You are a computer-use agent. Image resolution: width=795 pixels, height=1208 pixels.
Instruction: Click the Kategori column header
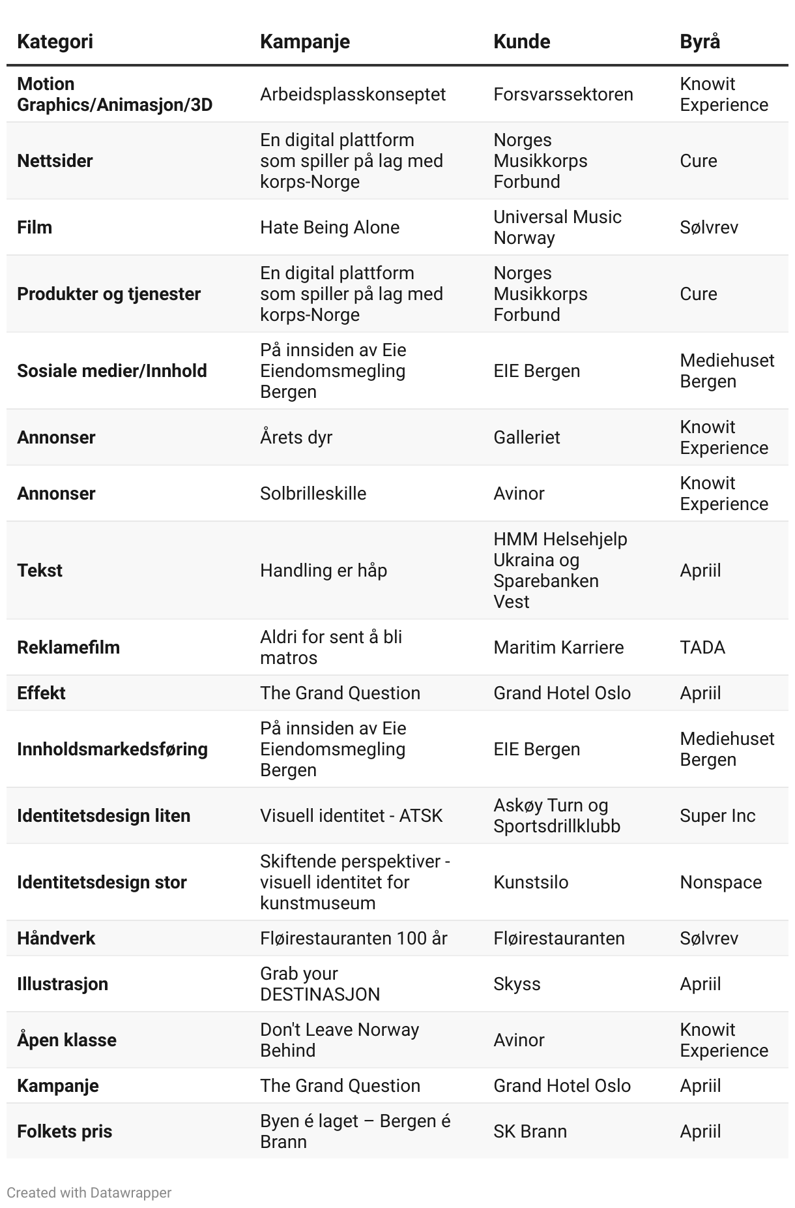click(55, 42)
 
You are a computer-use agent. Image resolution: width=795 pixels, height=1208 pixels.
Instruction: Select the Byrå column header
click(700, 42)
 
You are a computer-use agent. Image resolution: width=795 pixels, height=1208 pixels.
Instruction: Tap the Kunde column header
click(521, 42)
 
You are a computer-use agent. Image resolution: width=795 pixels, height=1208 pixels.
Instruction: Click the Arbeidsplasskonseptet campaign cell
click(353, 95)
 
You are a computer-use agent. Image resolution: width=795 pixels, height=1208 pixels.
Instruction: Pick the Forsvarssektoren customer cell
click(563, 95)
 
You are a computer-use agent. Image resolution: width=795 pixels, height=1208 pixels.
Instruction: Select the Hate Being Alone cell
click(330, 228)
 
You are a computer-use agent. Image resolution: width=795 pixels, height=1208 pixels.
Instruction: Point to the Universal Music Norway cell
click(557, 228)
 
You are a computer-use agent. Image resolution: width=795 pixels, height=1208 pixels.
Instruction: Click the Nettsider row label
click(55, 161)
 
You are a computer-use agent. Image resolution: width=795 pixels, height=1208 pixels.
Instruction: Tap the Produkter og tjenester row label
click(109, 294)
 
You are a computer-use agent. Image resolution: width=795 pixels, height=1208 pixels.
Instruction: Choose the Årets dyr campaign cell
click(296, 438)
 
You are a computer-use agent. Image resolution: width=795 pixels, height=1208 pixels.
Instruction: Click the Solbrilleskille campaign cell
click(313, 494)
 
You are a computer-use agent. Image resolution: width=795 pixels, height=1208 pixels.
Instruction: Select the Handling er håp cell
click(323, 571)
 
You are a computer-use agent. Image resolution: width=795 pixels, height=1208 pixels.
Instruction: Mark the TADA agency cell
click(702, 648)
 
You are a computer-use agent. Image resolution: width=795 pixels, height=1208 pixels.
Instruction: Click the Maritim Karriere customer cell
click(558, 648)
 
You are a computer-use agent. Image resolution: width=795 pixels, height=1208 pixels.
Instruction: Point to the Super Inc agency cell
click(717, 816)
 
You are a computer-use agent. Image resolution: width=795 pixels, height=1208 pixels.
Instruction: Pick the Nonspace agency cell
click(721, 883)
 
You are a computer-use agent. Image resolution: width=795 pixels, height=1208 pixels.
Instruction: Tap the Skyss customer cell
click(517, 984)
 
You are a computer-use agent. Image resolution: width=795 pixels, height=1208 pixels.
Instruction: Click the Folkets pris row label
click(65, 1132)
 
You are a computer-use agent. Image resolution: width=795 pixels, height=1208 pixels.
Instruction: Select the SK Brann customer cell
click(530, 1132)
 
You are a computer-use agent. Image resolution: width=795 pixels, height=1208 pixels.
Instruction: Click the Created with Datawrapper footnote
click(89, 1193)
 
